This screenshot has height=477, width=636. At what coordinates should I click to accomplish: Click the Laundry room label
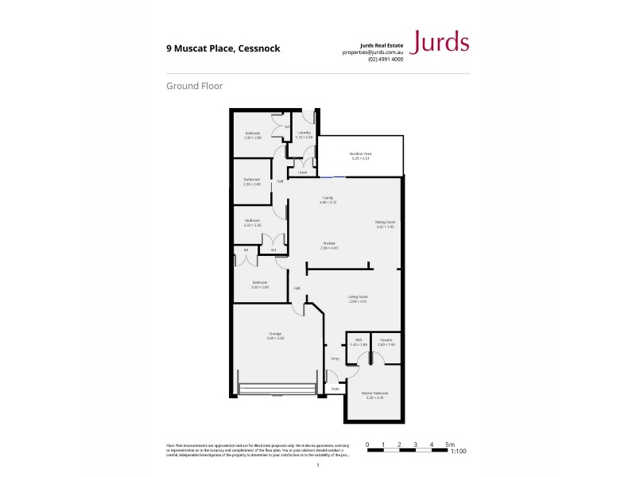pyautogui.click(x=304, y=133)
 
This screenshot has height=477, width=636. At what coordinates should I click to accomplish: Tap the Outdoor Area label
pyautogui.click(x=361, y=153)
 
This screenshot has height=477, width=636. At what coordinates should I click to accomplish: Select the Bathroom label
pyautogui.click(x=252, y=180)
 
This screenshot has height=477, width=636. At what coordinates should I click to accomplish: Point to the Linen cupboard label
pyautogui.click(x=302, y=172)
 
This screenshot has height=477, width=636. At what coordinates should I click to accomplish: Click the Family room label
pyautogui.click(x=327, y=197)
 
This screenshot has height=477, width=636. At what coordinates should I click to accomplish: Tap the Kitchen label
pyautogui.click(x=328, y=243)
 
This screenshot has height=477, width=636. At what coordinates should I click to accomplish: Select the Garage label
pyautogui.click(x=276, y=334)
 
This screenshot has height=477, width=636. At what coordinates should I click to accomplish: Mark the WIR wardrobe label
pyautogui.click(x=359, y=339)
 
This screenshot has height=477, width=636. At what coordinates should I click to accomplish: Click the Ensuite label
pyautogui.click(x=386, y=339)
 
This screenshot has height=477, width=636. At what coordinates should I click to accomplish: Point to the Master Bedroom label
pyautogui.click(x=375, y=393)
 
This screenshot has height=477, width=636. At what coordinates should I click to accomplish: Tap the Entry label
pyautogui.click(x=335, y=359)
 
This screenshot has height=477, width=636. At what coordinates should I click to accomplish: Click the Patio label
pyautogui.click(x=335, y=389)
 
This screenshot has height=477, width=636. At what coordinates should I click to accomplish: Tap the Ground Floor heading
pyautogui.click(x=194, y=85)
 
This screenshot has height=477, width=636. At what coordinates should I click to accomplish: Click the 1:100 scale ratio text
pyautogui.click(x=458, y=452)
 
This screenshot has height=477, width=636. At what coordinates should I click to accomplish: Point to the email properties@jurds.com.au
pyautogui.click(x=372, y=52)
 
